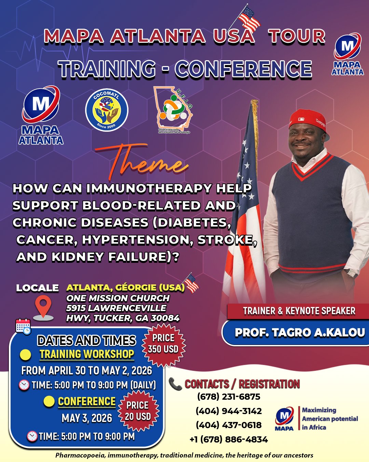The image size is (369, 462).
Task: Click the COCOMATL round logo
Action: click(107, 110)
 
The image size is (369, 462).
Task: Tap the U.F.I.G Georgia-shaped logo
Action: click(174, 110)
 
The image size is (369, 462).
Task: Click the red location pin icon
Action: click(44, 307)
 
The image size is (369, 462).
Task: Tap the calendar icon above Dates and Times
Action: click(23, 326)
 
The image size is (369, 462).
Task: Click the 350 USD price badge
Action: click(163, 344)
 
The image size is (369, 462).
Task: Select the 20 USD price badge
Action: click(138, 411)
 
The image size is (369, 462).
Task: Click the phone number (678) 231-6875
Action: click(229, 397)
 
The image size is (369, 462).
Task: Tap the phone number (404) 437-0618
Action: click(229, 425)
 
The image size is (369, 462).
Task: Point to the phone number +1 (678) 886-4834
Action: click(229, 439)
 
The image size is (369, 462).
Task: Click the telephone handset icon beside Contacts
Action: click(175, 384)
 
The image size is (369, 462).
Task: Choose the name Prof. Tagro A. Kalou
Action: click(300, 332)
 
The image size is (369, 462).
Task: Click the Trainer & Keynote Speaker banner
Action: click(299, 311)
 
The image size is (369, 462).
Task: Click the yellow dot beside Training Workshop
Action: click(26, 355)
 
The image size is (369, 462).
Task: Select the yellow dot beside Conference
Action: click(49, 401)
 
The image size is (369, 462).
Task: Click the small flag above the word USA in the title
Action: click(249, 18)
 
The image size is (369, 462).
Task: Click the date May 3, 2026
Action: click(87, 418)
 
